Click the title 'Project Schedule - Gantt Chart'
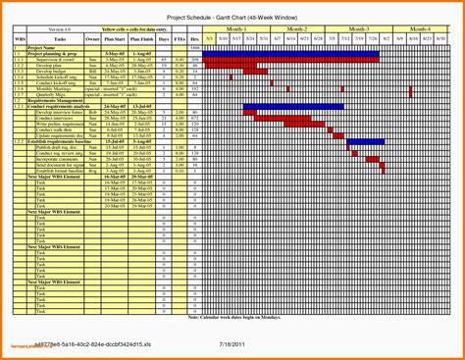coord(232,19)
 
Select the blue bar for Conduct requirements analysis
coord(293,106)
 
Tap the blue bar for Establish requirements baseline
coord(366,142)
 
